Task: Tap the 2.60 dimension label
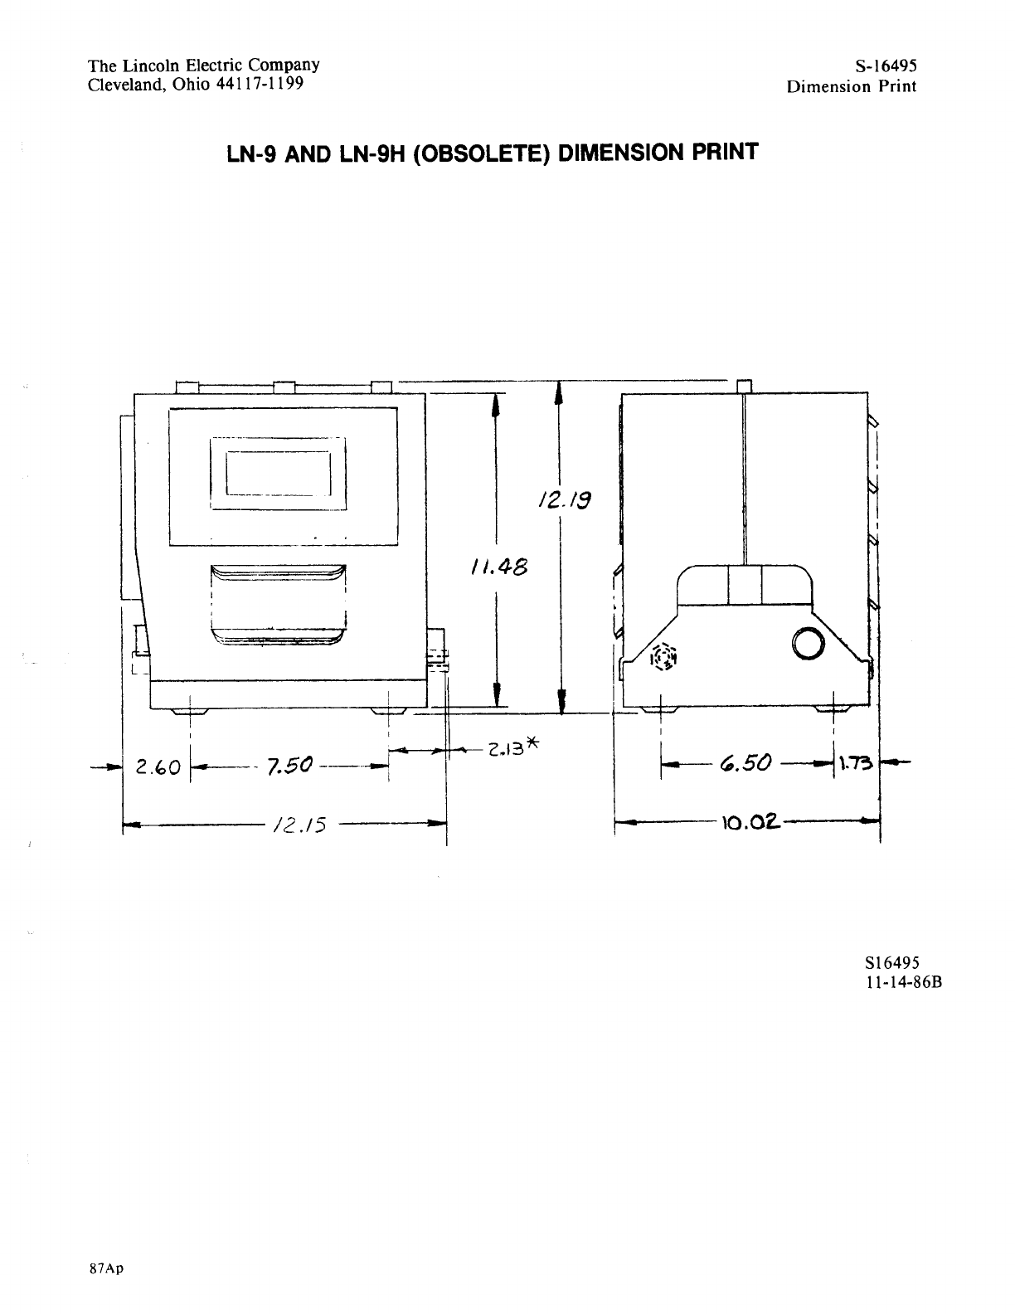click(157, 767)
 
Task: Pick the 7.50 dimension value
click(288, 764)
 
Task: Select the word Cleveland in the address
click(120, 84)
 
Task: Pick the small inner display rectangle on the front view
click(279, 473)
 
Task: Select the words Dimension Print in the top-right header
click(852, 87)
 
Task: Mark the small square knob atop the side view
click(744, 386)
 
